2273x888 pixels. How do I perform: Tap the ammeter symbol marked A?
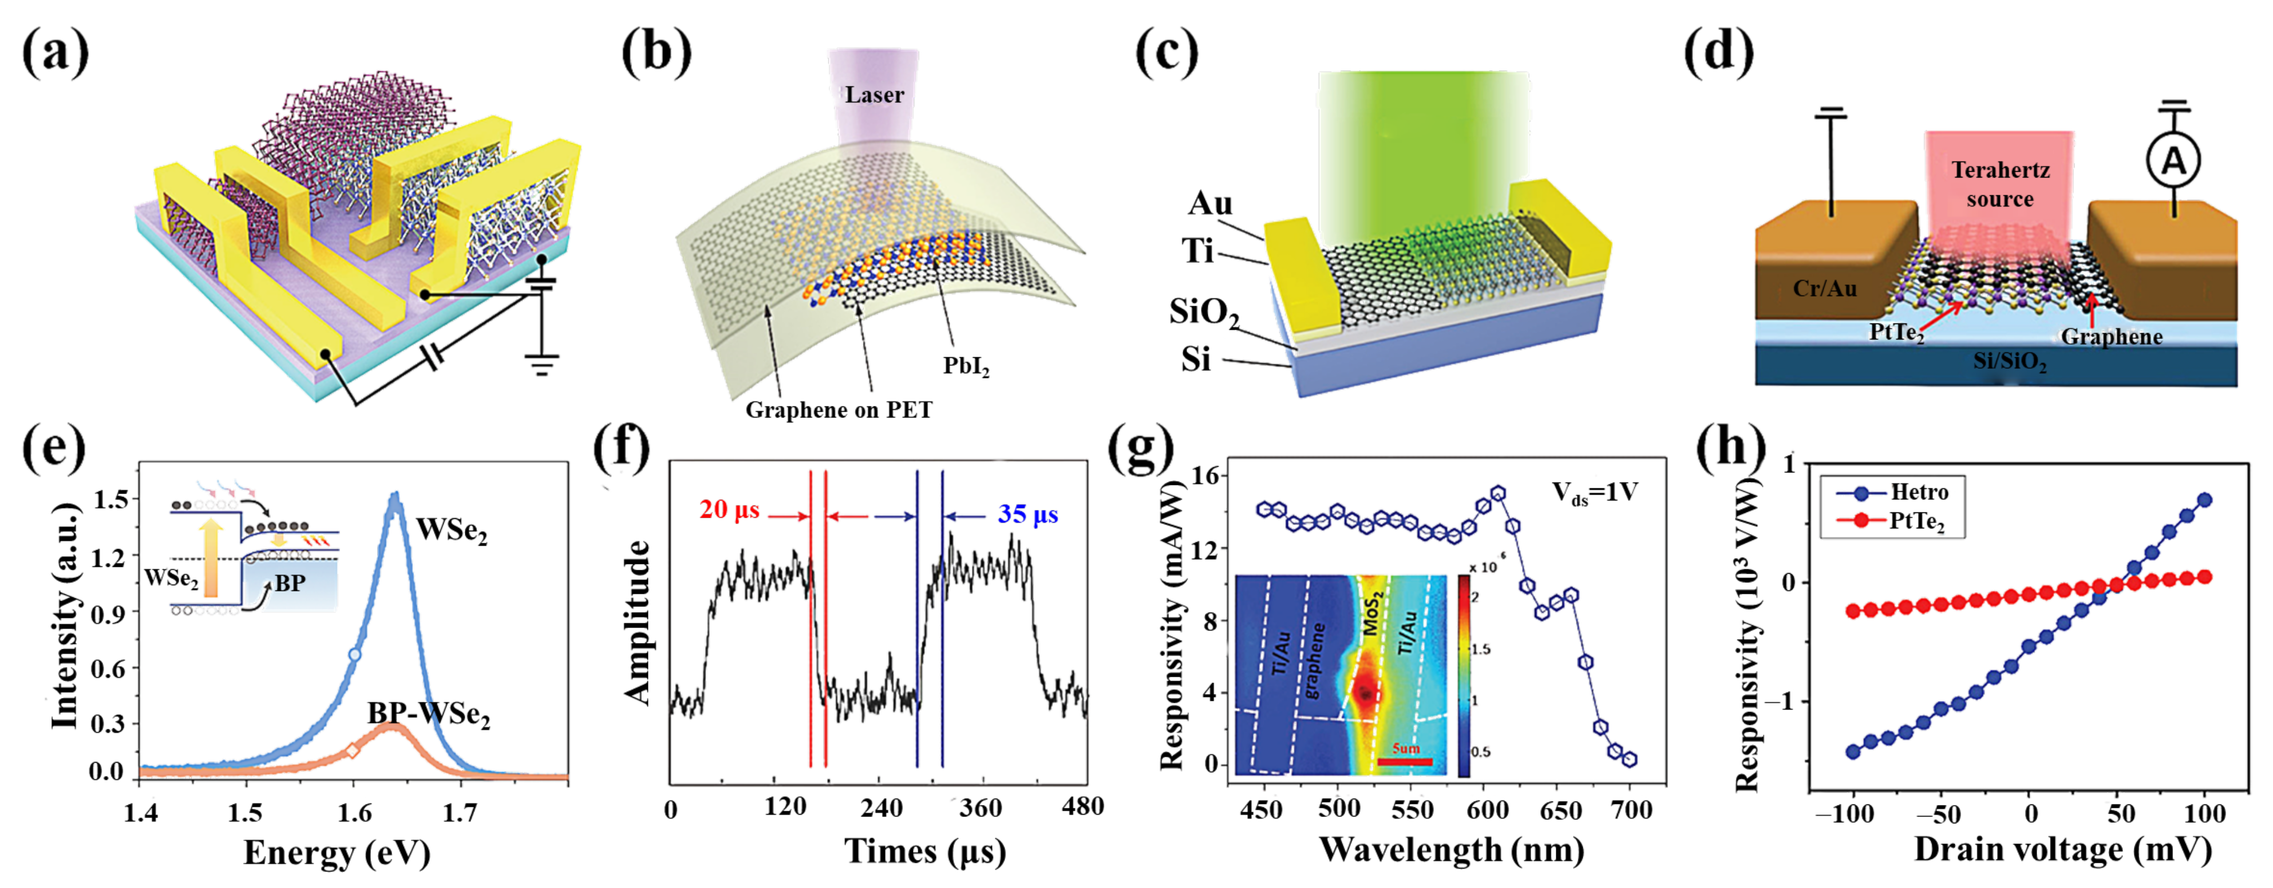pos(2172,161)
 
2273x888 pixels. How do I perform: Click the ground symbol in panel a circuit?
pos(542,364)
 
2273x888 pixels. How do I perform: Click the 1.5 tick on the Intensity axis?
pos(110,500)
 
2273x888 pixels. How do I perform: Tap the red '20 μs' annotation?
pos(729,510)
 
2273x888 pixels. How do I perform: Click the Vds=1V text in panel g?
pos(1595,492)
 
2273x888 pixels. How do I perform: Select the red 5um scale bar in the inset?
pos(1405,760)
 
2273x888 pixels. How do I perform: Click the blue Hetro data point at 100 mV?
pos(2203,500)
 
